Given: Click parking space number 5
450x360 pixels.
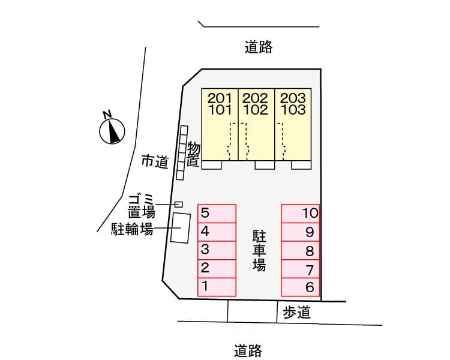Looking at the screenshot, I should (217, 213).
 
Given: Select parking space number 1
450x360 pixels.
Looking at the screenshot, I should (217, 287).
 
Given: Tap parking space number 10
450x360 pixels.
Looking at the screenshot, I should (301, 213).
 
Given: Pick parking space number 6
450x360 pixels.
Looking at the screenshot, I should (301, 287).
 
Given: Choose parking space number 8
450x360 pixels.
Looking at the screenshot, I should (301, 250).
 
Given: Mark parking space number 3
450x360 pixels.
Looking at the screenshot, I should (217, 250).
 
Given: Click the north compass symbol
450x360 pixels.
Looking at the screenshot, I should (112, 130).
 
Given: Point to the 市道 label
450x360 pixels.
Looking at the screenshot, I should (154, 161).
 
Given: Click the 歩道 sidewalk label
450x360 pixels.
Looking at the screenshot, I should (296, 312).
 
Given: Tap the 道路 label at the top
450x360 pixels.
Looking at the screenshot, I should (259, 47).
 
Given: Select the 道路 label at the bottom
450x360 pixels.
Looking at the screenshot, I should (248, 350).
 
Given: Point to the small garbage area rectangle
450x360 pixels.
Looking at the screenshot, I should (178, 205).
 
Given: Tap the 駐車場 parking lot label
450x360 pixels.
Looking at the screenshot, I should (259, 249).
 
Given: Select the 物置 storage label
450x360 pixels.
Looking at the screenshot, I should (193, 154).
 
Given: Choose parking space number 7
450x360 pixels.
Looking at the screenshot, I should (301, 269).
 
